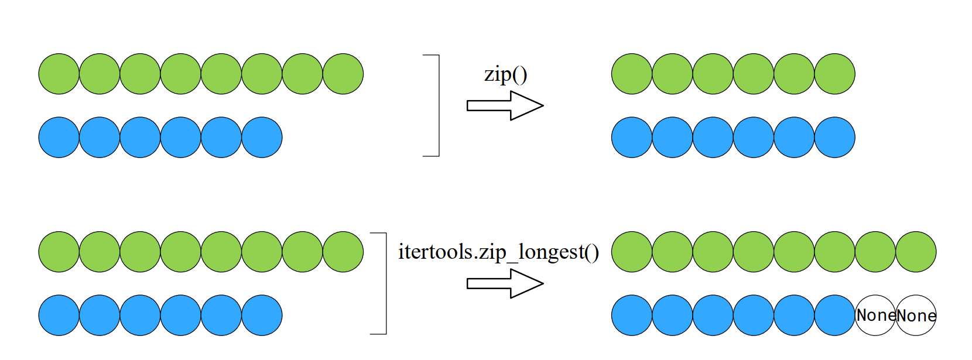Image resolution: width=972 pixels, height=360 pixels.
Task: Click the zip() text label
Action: pos(505,75)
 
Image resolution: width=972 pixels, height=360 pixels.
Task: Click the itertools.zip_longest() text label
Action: pos(498,252)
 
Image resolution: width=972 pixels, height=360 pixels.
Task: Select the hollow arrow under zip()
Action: pos(505,106)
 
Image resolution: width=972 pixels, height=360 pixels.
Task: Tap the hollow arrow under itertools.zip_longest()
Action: pos(505,284)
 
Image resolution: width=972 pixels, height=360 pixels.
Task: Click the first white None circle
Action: pos(875,316)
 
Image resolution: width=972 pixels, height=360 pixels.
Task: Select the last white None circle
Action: pos(916,316)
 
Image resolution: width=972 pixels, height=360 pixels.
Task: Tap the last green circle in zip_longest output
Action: pos(916,252)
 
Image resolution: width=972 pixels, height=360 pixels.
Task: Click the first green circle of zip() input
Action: pos(59,74)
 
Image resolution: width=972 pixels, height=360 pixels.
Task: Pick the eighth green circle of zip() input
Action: pos(343,74)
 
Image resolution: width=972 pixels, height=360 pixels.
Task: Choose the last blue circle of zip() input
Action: pos(262,138)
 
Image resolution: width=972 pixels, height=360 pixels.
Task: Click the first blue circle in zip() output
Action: pos(632,138)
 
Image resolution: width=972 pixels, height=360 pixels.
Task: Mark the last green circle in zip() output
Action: pos(834,74)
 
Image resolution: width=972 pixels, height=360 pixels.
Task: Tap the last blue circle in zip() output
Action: pos(834,138)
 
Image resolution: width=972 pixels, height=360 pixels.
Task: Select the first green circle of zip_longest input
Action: pos(59,252)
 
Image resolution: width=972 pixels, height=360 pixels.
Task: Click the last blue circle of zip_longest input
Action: pos(262,316)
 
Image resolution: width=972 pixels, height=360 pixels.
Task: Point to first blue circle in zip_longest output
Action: pos(632,316)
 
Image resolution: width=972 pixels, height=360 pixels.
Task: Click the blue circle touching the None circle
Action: pos(834,316)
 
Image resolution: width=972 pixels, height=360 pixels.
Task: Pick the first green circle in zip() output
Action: pos(632,74)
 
